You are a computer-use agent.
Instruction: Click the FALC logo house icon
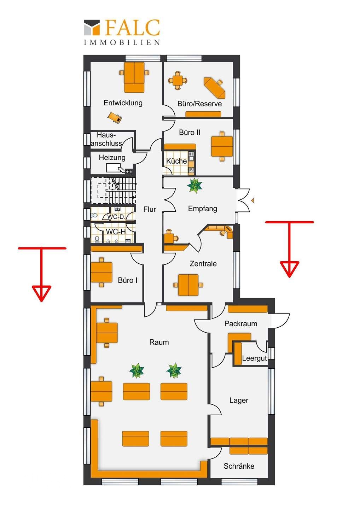click(x=92, y=28)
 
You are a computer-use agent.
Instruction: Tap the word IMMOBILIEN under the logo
click(x=122, y=42)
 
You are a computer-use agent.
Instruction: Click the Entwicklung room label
click(x=123, y=103)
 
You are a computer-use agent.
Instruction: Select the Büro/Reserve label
click(x=199, y=104)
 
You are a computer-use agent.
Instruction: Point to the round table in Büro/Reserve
click(x=178, y=80)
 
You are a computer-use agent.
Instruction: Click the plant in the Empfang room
click(x=194, y=186)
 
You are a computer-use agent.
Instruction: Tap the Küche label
click(x=176, y=161)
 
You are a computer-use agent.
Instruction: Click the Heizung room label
click(x=112, y=158)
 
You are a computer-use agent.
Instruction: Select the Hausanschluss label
click(x=106, y=139)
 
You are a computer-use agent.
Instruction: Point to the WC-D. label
click(x=116, y=217)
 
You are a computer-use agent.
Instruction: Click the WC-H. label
click(x=117, y=232)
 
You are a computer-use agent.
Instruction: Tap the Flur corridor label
click(x=150, y=209)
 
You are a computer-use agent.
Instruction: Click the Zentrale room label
click(x=203, y=264)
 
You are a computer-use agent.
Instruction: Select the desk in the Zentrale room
click(x=188, y=285)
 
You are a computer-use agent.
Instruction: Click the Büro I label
click(x=128, y=280)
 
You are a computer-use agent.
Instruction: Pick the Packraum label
click(x=241, y=323)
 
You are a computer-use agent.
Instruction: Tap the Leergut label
click(x=254, y=358)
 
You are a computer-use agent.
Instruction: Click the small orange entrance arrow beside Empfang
click(x=253, y=200)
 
